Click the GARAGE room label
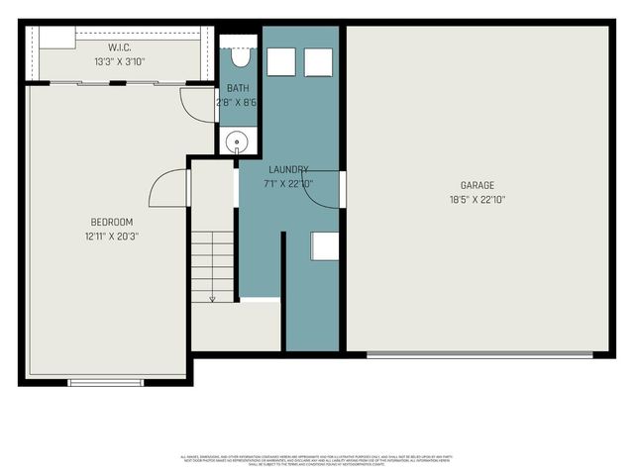click(x=476, y=185)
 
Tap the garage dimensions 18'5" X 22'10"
click(x=476, y=199)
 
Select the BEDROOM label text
click(x=111, y=222)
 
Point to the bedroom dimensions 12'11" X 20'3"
click(x=111, y=237)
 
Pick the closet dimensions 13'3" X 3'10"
click(x=120, y=61)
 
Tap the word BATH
click(x=237, y=89)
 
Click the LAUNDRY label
click(x=287, y=169)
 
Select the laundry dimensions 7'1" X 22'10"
click(x=287, y=183)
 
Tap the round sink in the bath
click(x=237, y=142)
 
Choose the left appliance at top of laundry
click(x=282, y=61)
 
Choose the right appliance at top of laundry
click(x=318, y=61)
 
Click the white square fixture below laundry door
click(x=325, y=245)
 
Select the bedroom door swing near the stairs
click(x=168, y=188)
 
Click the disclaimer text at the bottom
click(x=317, y=459)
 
